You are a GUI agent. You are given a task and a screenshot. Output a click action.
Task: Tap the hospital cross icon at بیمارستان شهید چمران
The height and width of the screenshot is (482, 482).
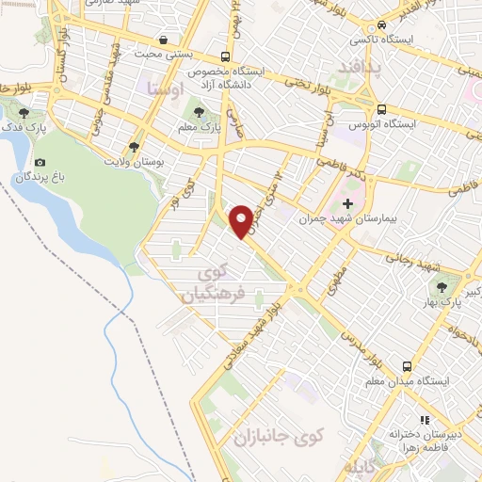tap(347, 203)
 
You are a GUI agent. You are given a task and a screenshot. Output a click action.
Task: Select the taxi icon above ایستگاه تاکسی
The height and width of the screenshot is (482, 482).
tap(381, 25)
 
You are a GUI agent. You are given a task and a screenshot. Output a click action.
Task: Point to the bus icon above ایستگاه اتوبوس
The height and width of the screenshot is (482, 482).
tap(381, 108)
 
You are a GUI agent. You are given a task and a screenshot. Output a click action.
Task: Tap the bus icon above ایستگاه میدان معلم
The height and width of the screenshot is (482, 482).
tap(407, 365)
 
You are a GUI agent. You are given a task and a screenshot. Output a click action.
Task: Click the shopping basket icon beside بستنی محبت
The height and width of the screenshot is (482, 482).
tap(166, 40)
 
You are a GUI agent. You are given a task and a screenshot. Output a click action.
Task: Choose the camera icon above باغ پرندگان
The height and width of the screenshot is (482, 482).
tap(40, 163)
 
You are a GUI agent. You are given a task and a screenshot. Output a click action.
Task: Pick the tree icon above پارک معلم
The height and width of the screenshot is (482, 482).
tap(198, 113)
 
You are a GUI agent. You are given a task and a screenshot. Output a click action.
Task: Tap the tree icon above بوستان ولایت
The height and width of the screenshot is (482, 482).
tap(135, 147)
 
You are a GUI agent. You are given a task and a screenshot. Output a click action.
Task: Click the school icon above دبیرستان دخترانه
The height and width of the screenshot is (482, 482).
tap(425, 420)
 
